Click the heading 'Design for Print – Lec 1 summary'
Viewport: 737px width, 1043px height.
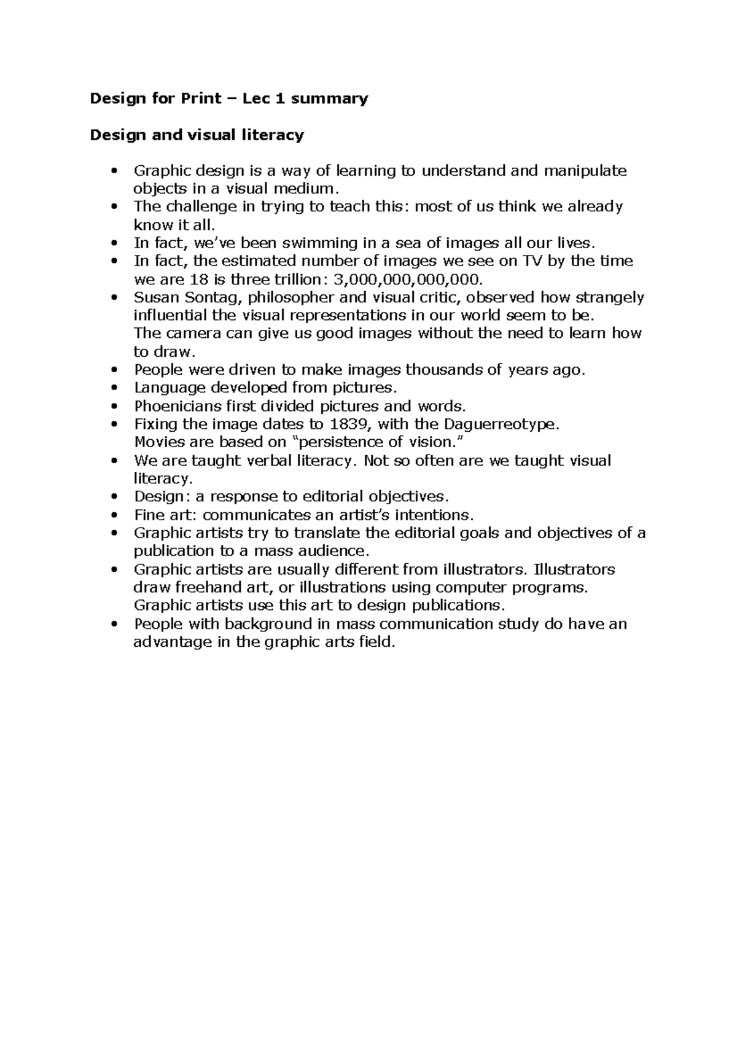pyautogui.click(x=228, y=98)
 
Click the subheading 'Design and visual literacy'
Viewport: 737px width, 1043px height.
pyautogui.click(x=197, y=135)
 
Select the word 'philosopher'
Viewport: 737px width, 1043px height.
pyautogui.click(x=289, y=298)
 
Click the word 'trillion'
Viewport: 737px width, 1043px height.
pyautogui.click(x=300, y=279)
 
